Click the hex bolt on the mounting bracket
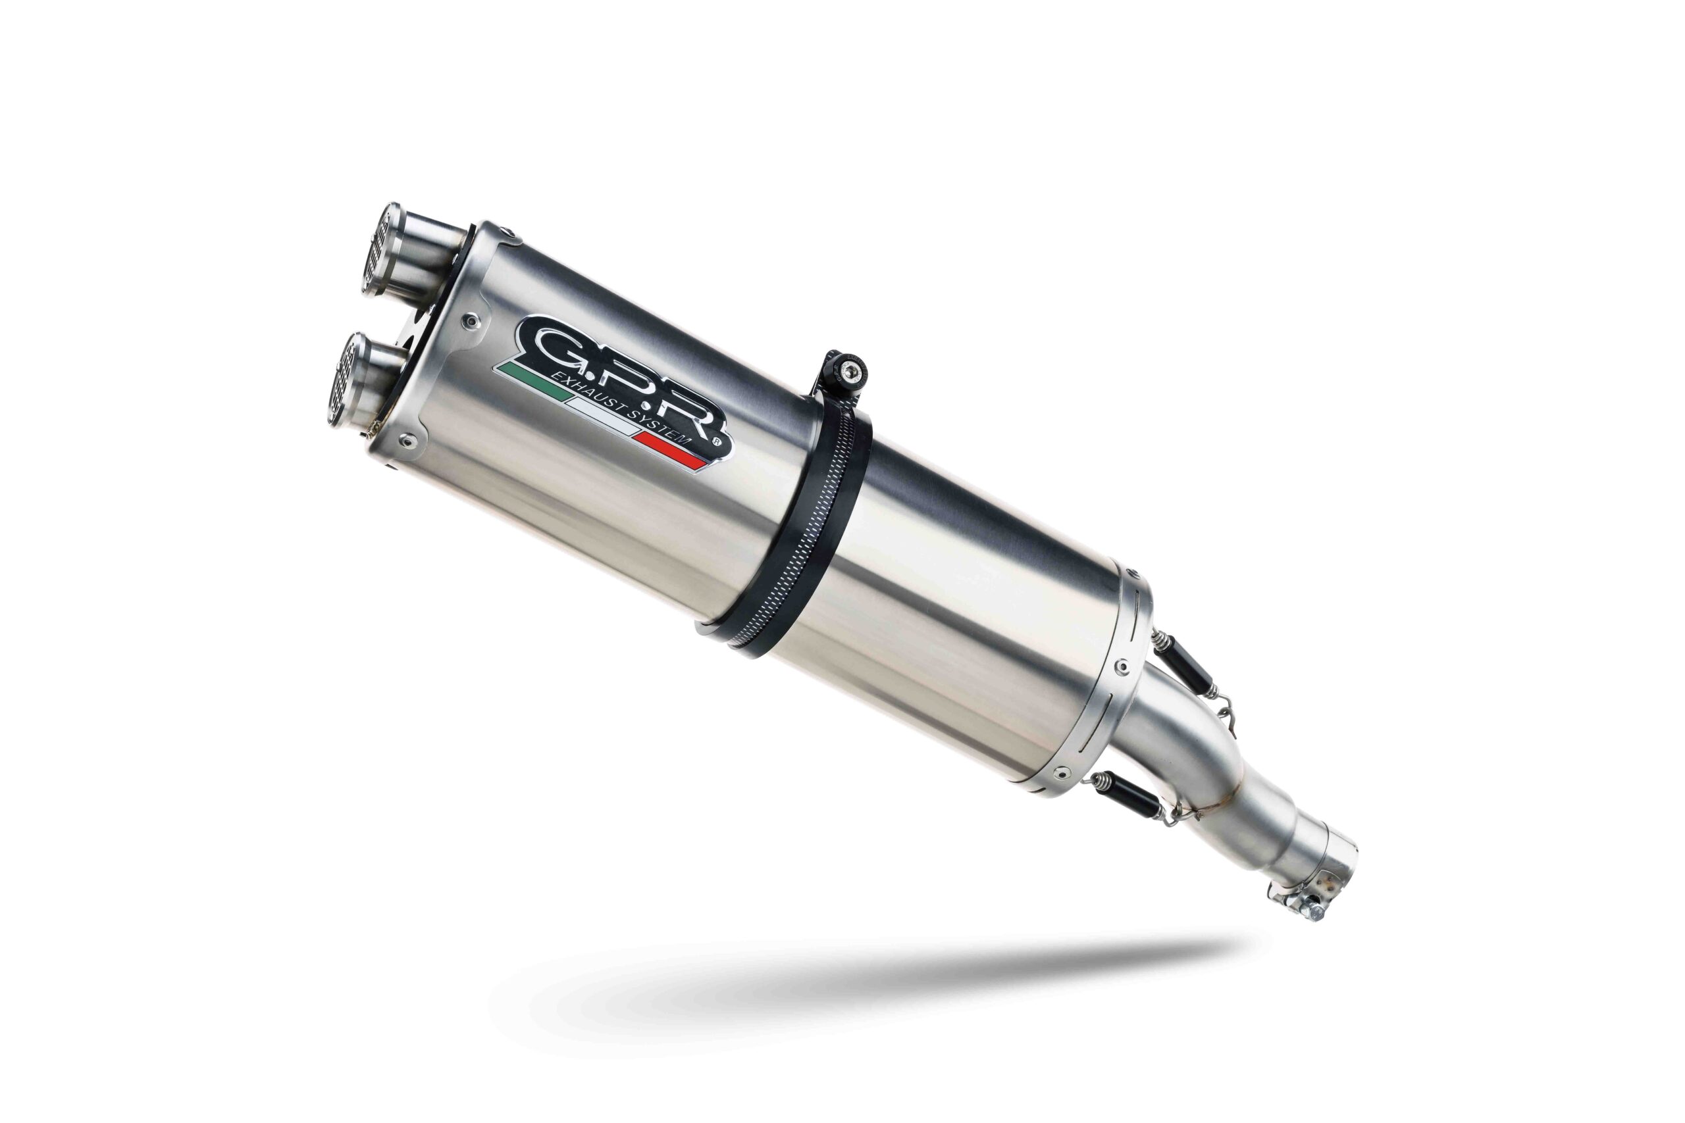click(x=850, y=370)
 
